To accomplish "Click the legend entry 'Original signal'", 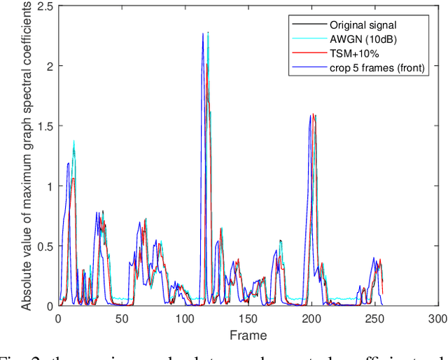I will coord(364,25).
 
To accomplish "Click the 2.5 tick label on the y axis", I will coord(45,6).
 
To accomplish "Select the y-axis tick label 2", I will coord(50,66).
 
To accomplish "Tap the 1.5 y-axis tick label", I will coord(45,126).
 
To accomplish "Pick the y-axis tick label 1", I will coord(50,186).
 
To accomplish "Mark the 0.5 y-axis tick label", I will coord(45,247).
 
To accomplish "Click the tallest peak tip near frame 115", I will coord(204,33).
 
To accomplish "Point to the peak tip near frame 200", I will coord(310,115).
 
